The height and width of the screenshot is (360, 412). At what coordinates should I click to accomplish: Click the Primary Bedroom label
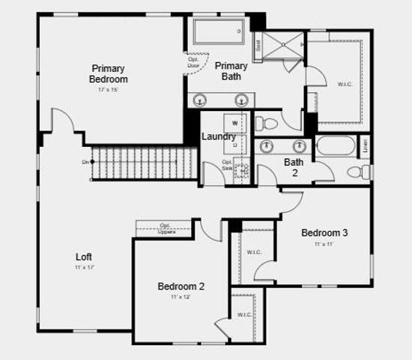[x=109, y=73]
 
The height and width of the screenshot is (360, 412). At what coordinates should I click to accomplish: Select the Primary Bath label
[x=231, y=71]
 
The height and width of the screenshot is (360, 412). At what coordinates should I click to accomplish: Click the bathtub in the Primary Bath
[x=219, y=32]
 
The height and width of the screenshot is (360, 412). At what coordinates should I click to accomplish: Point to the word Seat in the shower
[x=258, y=45]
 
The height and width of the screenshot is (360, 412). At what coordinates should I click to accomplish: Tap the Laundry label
[x=219, y=136]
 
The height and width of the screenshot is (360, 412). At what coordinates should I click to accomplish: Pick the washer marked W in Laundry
[x=234, y=122]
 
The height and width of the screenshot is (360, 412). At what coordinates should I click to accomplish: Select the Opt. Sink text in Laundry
[x=227, y=164]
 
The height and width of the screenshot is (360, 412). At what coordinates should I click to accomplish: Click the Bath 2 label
[x=293, y=166]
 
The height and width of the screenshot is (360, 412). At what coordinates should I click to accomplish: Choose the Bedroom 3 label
[x=324, y=232]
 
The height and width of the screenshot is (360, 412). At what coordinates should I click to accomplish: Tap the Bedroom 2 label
[x=181, y=286]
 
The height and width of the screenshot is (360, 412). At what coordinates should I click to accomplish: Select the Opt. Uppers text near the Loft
[x=166, y=228]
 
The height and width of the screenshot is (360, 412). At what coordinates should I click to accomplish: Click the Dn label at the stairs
[x=86, y=162]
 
